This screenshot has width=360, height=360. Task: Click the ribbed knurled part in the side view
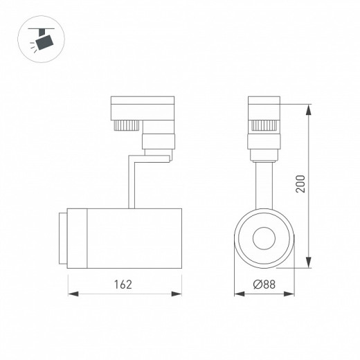tap(125, 126)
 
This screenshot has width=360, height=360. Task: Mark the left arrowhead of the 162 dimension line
tap(71, 294)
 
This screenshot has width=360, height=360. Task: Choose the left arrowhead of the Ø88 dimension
tap(237, 294)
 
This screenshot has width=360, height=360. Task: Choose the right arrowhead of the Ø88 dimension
tap(291, 294)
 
